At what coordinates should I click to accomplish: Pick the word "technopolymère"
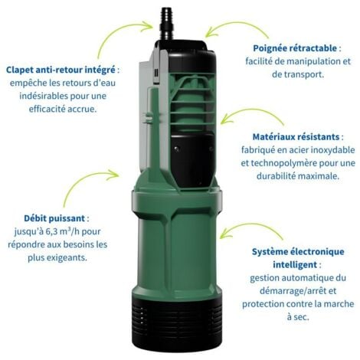(273, 163)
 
